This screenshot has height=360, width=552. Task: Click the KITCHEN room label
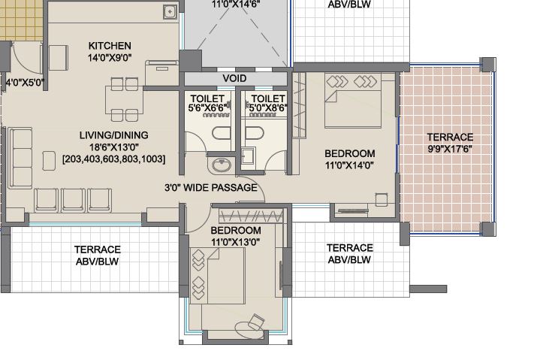110,46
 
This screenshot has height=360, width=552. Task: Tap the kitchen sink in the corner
170,12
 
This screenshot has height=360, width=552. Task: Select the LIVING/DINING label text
113,135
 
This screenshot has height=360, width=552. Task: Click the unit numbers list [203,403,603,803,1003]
113,159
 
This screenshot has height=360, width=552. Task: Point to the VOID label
234,78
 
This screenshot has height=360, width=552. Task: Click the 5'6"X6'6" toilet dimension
208,107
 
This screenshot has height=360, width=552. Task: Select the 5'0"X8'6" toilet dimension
268,107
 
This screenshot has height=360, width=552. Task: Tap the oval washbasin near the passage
222,165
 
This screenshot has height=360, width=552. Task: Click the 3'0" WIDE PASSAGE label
211,187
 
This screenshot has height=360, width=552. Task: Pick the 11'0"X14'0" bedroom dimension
349,165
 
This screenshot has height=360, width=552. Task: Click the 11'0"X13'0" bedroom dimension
236,242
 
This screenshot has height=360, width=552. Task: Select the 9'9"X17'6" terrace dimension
450,149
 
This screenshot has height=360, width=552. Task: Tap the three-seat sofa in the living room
21,158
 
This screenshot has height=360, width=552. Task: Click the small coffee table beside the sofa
49,161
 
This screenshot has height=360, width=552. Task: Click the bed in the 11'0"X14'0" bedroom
353,101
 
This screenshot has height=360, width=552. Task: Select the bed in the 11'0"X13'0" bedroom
217,276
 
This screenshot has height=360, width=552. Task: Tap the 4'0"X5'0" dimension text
25,83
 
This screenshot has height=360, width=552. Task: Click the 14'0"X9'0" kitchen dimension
110,57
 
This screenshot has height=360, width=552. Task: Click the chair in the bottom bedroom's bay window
256,322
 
